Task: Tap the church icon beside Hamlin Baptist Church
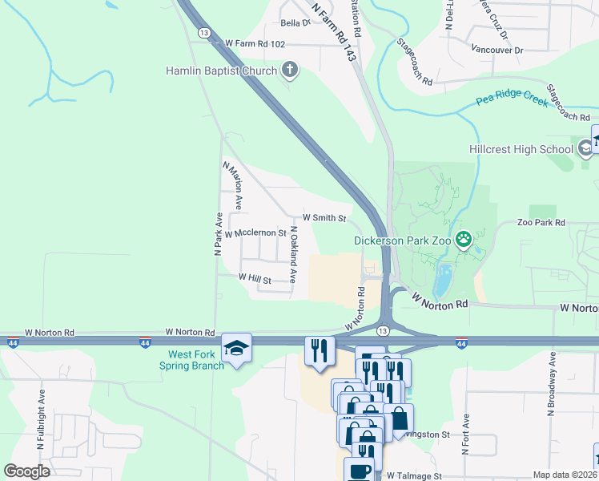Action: pos(290,71)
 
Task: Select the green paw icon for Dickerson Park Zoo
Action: pos(463,239)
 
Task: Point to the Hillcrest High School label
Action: pos(521,149)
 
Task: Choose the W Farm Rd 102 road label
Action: pos(255,43)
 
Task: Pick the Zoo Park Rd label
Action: pos(541,222)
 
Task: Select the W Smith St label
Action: pos(324,218)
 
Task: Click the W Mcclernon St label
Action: pos(255,233)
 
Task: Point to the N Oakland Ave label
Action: pos(294,255)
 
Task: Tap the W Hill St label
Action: pos(255,279)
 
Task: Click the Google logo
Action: pos(26,471)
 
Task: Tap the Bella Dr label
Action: pos(294,23)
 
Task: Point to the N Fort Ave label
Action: pos(465,434)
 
